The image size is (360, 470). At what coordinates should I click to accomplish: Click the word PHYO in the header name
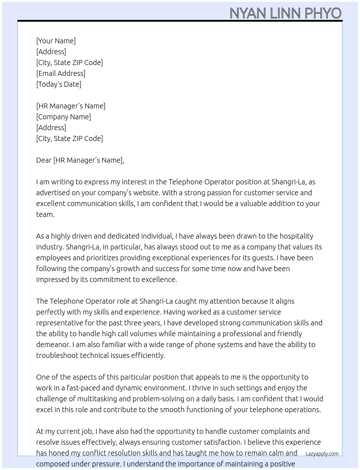coord(323,13)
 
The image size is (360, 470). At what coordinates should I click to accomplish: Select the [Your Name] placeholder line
coord(56,41)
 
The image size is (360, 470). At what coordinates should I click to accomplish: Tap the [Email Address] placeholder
coord(61,73)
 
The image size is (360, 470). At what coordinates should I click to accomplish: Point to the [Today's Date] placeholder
coord(59,84)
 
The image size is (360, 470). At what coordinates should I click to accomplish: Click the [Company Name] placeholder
coord(63,117)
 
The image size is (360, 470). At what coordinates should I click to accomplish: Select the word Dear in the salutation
coord(44,160)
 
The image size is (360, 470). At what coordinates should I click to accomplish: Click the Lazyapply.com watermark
coord(322,454)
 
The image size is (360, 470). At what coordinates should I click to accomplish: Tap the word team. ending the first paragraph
coord(45,214)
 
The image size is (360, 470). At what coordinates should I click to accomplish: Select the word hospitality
coord(296,236)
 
